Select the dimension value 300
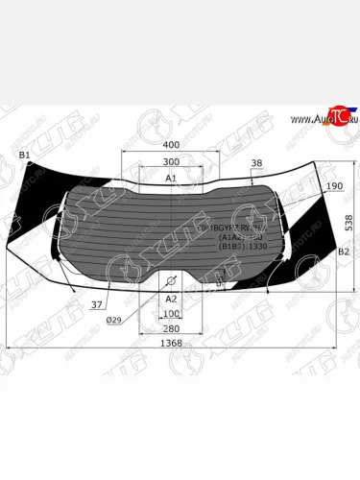pos(171,162)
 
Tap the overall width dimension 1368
pos(171,343)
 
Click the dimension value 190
pos(333,186)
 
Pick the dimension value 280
pos(171,328)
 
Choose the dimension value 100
pos(171,314)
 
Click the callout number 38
pos(256,163)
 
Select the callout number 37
pos(97,305)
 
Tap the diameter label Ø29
pos(113,320)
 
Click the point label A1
pos(171,179)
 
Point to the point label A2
pos(171,299)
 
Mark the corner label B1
pos(25,155)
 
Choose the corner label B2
pos(343,251)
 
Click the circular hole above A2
pos(171,281)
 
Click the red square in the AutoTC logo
pos(337,114)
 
